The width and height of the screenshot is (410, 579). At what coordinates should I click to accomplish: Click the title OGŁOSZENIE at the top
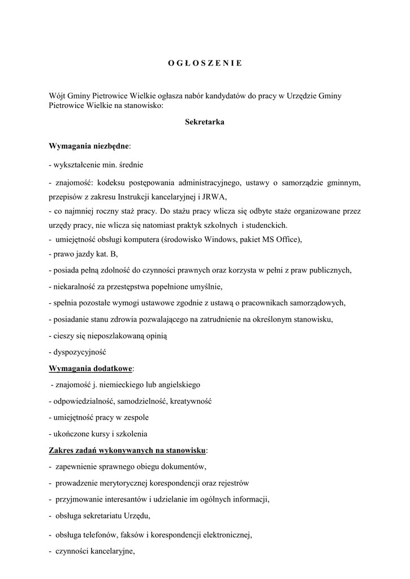(x=205, y=63)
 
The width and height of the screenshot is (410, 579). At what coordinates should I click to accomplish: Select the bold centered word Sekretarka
(x=205, y=122)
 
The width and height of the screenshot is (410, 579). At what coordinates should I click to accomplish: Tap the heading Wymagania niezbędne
(x=89, y=146)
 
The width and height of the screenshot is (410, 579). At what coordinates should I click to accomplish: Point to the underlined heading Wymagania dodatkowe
(x=90, y=368)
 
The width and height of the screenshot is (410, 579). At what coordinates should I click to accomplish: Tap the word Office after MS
(x=288, y=239)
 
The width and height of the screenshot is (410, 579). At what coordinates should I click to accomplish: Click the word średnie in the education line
(x=130, y=165)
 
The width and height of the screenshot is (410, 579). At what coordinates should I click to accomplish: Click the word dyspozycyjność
(x=80, y=352)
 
